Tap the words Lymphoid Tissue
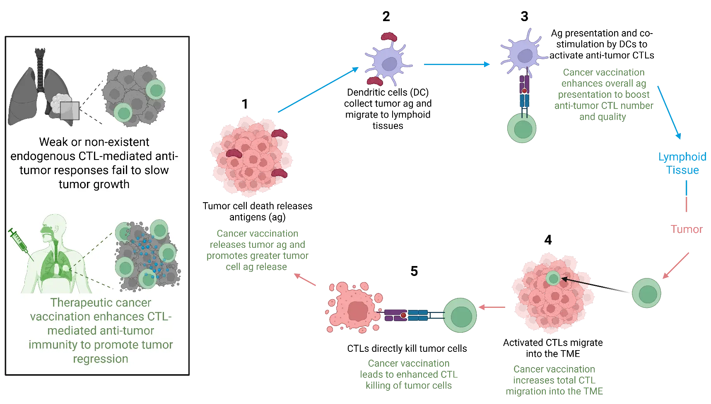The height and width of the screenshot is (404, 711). (x=682, y=163)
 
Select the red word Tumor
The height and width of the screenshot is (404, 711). (x=687, y=229)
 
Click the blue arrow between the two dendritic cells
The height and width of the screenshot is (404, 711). (x=457, y=64)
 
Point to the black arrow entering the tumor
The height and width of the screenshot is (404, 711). (x=596, y=286)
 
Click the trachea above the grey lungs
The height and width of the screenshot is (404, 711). (x=40, y=68)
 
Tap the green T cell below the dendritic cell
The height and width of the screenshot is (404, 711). (x=522, y=128)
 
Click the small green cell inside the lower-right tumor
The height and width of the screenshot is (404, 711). (x=553, y=278)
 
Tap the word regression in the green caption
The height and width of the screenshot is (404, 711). (x=101, y=359)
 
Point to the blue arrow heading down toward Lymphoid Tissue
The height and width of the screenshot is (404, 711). (x=669, y=112)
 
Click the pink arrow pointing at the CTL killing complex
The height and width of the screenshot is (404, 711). (x=492, y=307)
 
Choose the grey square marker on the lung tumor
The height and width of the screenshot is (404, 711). (x=70, y=111)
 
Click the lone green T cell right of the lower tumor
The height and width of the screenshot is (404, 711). (x=646, y=293)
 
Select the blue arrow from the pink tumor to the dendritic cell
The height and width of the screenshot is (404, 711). (x=318, y=90)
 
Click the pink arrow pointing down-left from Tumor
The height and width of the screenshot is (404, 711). (x=676, y=266)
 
